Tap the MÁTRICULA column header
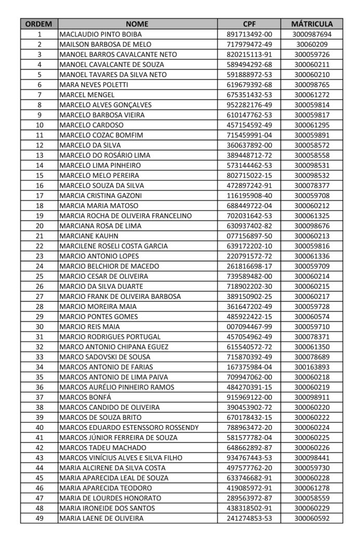tap(312, 24)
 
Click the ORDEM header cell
tap(40, 24)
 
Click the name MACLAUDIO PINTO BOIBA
tap(98, 34)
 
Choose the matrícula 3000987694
tap(312, 34)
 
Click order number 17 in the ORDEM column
tap(40, 195)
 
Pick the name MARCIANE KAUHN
tap(87, 235)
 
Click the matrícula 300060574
tap(312, 316)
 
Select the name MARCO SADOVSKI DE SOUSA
tap(105, 357)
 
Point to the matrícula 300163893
tap(312, 367)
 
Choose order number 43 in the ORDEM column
tap(40, 458)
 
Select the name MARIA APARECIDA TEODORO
tap(106, 488)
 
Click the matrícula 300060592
tap(312, 518)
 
